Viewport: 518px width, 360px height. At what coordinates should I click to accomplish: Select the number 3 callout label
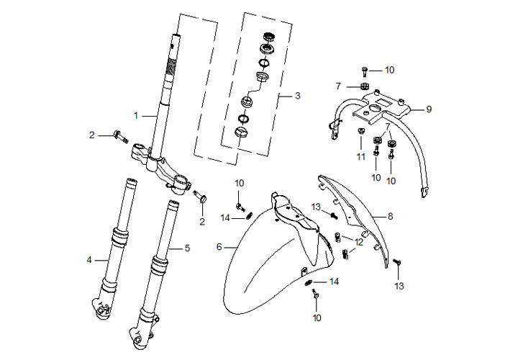coord(297,96)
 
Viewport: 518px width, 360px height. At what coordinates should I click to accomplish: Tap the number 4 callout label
coord(90,259)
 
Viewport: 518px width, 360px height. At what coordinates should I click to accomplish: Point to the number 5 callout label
coord(187,248)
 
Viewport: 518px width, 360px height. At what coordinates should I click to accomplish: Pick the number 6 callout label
coord(219,247)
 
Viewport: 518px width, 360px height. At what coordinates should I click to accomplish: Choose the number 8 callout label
coord(390,215)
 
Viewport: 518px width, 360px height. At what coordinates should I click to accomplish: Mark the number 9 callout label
coord(428,109)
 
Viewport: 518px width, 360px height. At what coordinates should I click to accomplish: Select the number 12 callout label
coord(359,243)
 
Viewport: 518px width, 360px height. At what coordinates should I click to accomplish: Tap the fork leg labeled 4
coord(114,245)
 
